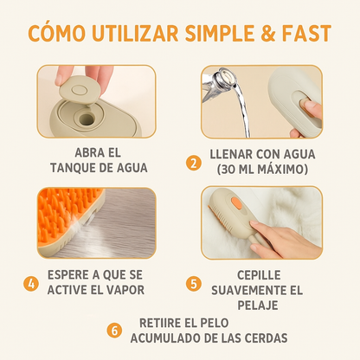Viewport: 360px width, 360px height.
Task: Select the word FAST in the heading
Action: point(312,34)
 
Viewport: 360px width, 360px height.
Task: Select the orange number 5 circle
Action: point(194,281)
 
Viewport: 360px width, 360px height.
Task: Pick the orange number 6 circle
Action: point(113,329)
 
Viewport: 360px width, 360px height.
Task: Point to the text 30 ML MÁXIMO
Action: point(263,169)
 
